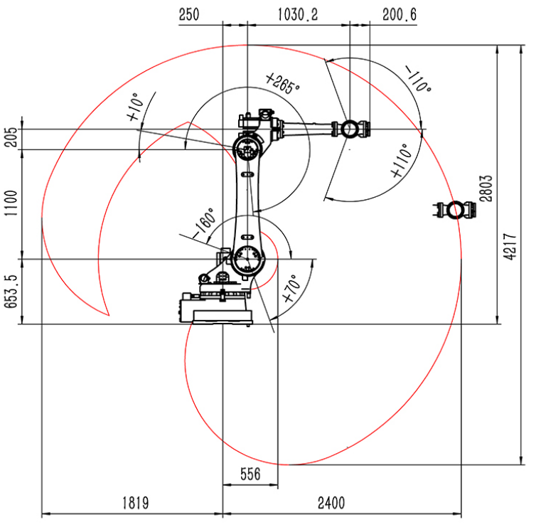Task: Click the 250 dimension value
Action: click(x=188, y=15)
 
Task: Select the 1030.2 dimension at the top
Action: click(x=297, y=15)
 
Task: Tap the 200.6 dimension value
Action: click(x=400, y=15)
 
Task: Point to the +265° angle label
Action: click(x=282, y=82)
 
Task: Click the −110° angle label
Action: click(x=418, y=79)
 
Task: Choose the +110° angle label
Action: click(x=402, y=161)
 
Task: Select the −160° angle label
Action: click(x=204, y=223)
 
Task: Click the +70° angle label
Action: click(x=291, y=288)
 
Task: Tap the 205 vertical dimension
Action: click(x=10, y=137)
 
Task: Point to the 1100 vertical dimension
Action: click(x=10, y=203)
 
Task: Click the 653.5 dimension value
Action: click(x=10, y=292)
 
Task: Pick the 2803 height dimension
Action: click(x=486, y=188)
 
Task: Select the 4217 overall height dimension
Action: click(x=510, y=247)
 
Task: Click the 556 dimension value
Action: click(x=250, y=474)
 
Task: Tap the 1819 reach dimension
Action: click(x=136, y=503)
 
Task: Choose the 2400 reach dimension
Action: click(x=331, y=503)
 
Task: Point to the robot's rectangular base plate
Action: click(x=223, y=316)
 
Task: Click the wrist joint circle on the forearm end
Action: click(x=349, y=129)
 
